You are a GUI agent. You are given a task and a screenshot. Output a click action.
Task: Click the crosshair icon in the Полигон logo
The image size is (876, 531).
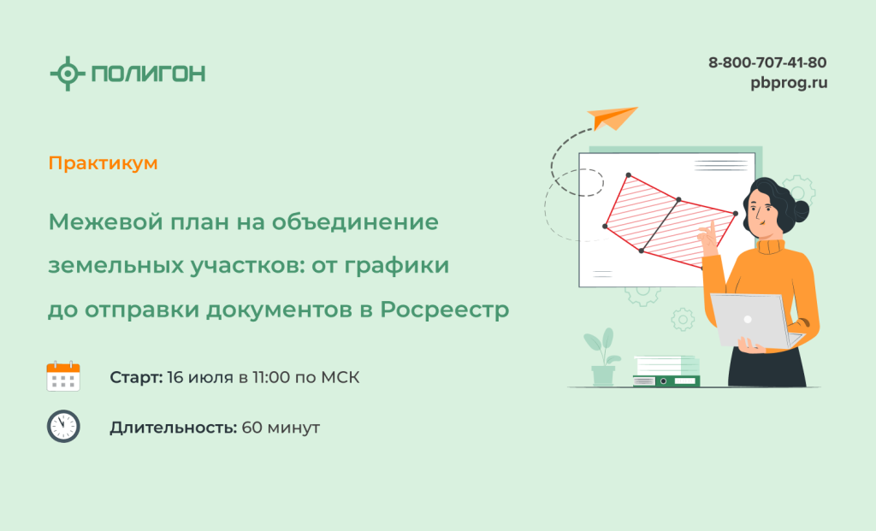tap(68, 74)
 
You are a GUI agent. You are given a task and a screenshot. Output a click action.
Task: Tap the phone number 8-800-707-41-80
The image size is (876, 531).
tap(767, 62)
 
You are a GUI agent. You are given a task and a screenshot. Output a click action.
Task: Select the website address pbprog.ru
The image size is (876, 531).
tap(788, 83)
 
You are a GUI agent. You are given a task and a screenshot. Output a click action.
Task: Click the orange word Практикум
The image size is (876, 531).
tap(103, 163)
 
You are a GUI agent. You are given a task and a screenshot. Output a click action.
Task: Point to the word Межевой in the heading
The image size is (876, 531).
tap(106, 222)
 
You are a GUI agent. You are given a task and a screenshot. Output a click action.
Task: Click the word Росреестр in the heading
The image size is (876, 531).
tap(445, 310)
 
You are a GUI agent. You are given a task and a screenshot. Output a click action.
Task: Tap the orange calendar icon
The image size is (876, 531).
tap(63, 376)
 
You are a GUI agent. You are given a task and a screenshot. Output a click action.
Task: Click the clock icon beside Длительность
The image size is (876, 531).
tap(63, 426)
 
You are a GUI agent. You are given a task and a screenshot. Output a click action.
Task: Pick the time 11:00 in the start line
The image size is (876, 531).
tap(270, 377)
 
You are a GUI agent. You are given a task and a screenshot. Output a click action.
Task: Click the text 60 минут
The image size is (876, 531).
tap(281, 428)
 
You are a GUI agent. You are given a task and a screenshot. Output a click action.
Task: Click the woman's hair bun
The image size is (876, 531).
tap(800, 210)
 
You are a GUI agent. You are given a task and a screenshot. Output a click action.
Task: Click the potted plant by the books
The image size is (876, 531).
tap(602, 357)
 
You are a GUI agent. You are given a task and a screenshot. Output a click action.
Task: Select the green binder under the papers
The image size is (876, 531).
tap(666, 381)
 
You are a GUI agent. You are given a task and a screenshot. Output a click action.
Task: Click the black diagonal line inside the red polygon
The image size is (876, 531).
tap(660, 225)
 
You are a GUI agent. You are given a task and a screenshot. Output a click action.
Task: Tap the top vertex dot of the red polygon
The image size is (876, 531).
tap(629, 175)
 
